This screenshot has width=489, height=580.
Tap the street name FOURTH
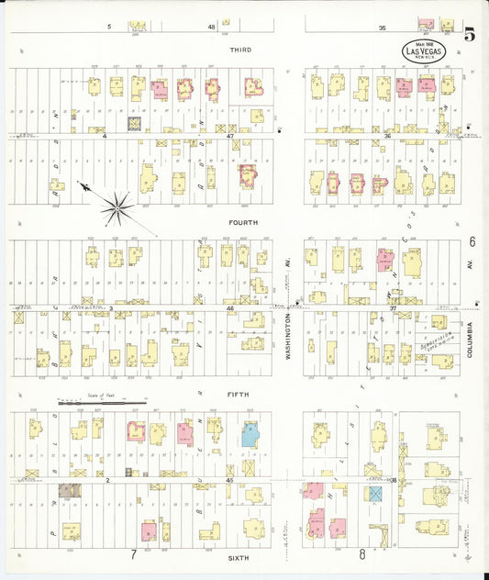point(243,222)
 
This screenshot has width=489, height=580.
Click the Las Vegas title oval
point(423,51)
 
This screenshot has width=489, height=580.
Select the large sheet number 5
point(469,37)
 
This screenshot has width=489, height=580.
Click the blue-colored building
point(250,434)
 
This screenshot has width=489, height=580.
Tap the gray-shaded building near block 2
point(68,490)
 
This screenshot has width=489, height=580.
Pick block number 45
point(229,479)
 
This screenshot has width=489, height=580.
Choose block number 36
point(388,136)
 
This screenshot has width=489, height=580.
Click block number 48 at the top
point(211,28)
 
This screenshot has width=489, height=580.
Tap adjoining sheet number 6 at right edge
point(472,242)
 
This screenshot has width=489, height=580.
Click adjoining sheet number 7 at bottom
point(134,554)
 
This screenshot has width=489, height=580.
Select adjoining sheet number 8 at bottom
point(362,554)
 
